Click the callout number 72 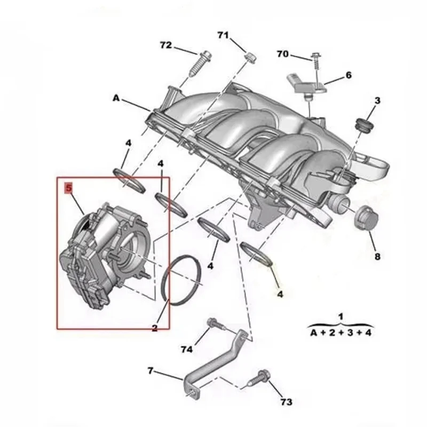point(166,45)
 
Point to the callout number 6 point(348,75)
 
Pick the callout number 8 point(377,257)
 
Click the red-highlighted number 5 point(68,188)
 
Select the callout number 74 point(186,350)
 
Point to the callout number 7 point(151,370)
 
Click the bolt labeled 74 point(212,323)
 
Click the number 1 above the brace point(341,317)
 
